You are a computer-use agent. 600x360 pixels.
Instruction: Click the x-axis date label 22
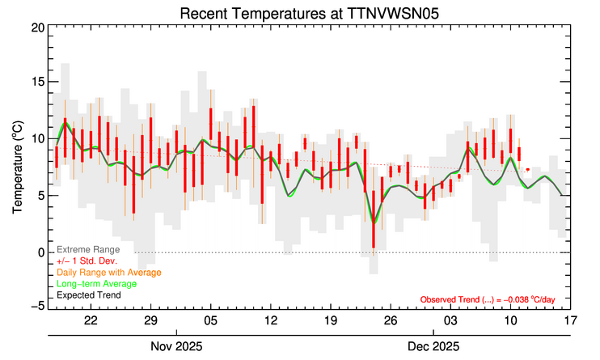(90, 320)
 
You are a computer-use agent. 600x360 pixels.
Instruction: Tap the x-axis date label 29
(150, 320)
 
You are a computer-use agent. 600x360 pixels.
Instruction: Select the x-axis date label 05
(209, 320)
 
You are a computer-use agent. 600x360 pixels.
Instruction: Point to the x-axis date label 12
(270, 320)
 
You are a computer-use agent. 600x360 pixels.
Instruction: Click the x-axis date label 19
(330, 320)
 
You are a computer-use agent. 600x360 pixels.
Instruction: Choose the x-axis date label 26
(390, 320)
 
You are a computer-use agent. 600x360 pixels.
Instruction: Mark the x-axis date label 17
(570, 320)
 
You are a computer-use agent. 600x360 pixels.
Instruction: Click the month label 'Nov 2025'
(175, 346)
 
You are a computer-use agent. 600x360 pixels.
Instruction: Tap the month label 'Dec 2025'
(433, 346)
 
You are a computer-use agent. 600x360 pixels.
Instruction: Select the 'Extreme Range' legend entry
(88, 250)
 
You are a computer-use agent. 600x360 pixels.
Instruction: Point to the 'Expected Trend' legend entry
(89, 295)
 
